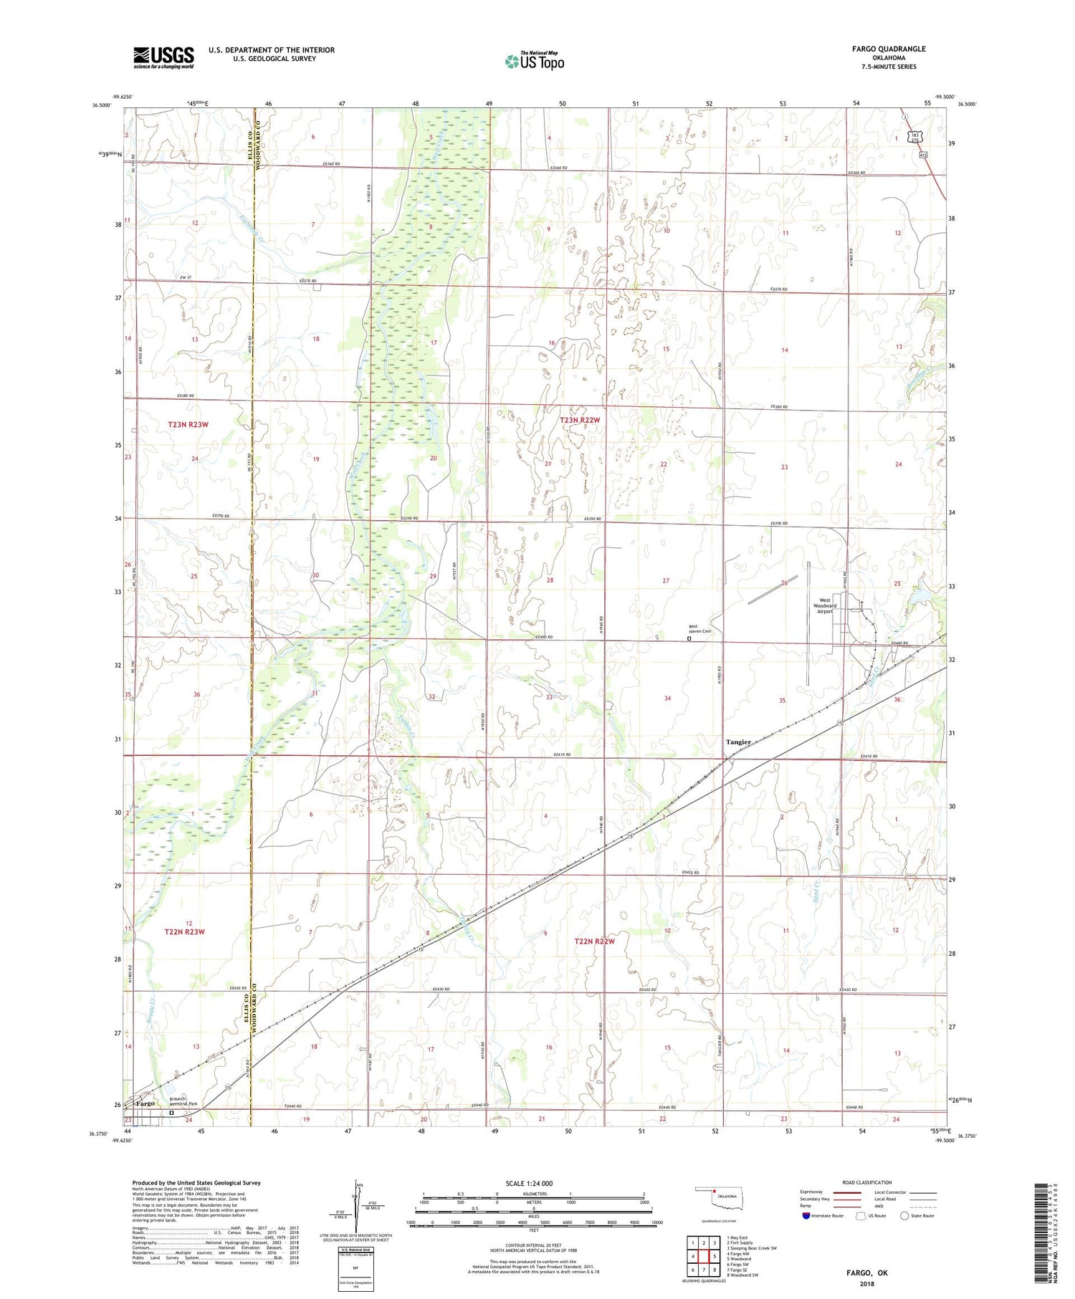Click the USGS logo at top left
163,57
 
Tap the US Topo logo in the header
534,61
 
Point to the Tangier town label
737,742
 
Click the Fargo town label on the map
145,1104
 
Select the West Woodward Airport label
824,606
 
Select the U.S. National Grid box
356,1269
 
